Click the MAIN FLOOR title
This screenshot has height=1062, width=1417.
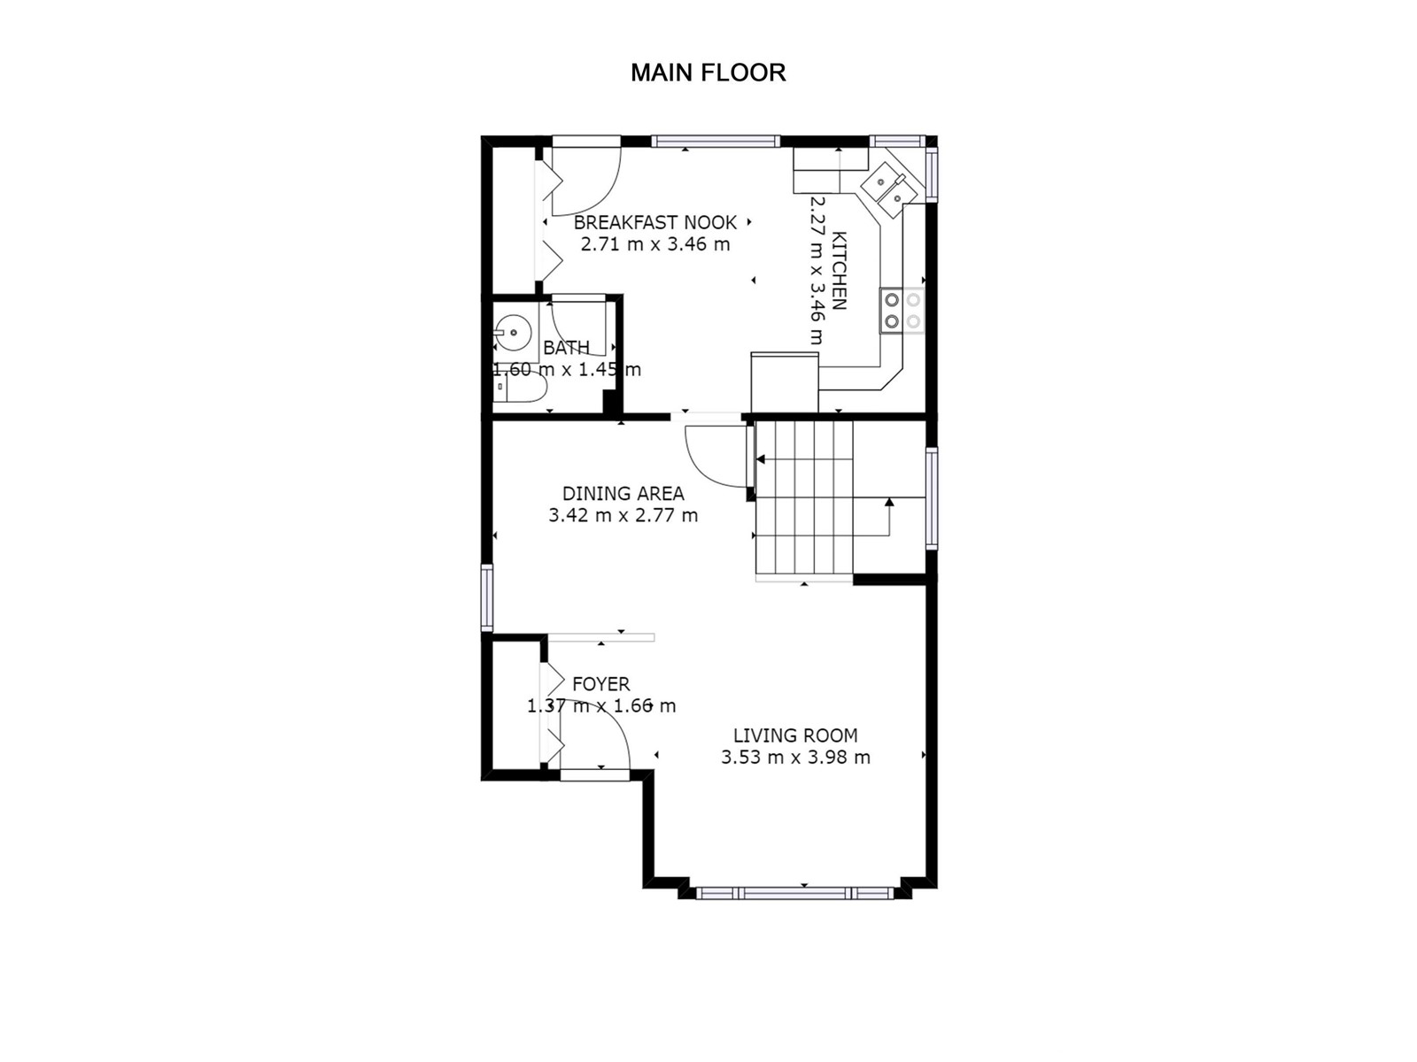coord(708,73)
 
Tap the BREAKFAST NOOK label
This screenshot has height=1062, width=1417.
coord(655,222)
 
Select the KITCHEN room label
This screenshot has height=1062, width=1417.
coord(839,270)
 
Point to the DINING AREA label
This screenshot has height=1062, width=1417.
coord(623,493)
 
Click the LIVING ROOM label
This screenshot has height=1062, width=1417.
coord(795,735)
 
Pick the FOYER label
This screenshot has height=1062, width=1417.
coord(601,683)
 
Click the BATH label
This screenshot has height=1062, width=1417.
coord(566,348)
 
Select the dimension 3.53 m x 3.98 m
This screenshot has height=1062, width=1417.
coord(795,757)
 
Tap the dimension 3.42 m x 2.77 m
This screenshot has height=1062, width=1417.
coord(623,515)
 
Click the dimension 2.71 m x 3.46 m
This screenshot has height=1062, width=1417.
coord(655,244)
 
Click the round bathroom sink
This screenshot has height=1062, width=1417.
coord(513,333)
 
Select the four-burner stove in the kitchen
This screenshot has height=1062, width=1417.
coord(902,310)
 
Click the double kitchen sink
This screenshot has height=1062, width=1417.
coord(888,187)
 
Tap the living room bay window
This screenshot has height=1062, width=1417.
coord(795,893)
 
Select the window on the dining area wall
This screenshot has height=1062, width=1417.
coord(487,597)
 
